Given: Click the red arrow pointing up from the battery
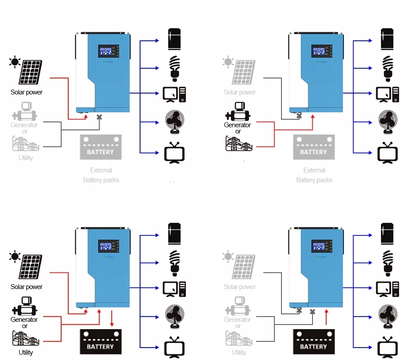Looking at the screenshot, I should (327, 318).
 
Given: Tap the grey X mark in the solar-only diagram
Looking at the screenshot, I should (99, 117).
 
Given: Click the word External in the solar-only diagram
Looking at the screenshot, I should (101, 170).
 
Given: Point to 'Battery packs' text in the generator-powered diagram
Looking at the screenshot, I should (314, 180).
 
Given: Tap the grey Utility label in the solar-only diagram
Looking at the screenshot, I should (26, 158).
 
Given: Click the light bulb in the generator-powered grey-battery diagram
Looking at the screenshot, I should (388, 67).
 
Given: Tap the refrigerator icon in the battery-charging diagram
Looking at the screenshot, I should (175, 233).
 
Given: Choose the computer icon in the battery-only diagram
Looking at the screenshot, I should (388, 288).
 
